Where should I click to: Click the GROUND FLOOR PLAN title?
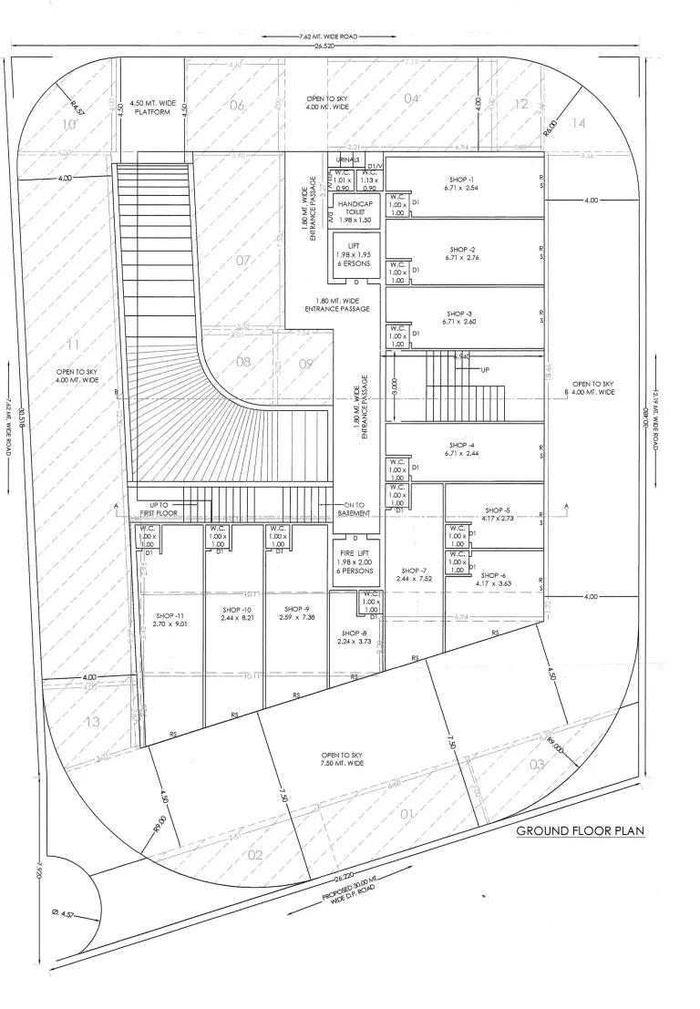[581, 831]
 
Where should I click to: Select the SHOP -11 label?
[170, 620]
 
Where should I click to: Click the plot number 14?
[578, 121]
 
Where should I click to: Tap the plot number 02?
[254, 854]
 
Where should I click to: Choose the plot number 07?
[242, 261]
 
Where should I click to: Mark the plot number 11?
[75, 344]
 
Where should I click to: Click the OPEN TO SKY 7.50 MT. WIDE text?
[342, 759]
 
